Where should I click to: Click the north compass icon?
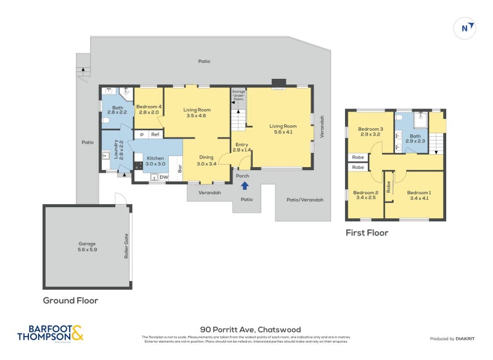467,27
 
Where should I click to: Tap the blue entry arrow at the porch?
244,185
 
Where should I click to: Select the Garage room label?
88,247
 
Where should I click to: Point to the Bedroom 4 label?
149,109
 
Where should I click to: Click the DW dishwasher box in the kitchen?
164,178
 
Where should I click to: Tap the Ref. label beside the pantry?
156,134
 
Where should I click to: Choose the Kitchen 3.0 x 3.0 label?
155,162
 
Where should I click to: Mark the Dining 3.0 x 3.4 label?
206,160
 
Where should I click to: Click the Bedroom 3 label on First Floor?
370,131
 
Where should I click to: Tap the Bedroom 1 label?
419,195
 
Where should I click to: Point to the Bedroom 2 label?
365,195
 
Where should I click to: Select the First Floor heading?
367,233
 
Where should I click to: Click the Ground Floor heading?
70,301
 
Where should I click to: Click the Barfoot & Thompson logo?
49,333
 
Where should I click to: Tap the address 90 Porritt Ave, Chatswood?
250,330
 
